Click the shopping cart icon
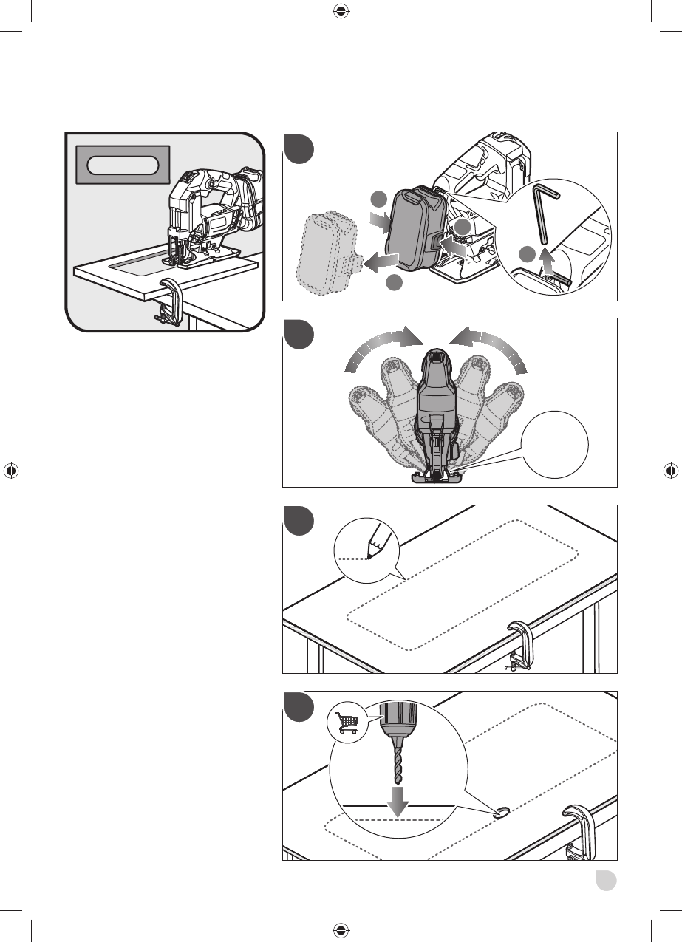(347, 722)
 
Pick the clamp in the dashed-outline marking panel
(519, 645)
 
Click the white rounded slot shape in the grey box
(123, 165)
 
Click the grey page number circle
(607, 881)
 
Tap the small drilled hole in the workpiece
(503, 813)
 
